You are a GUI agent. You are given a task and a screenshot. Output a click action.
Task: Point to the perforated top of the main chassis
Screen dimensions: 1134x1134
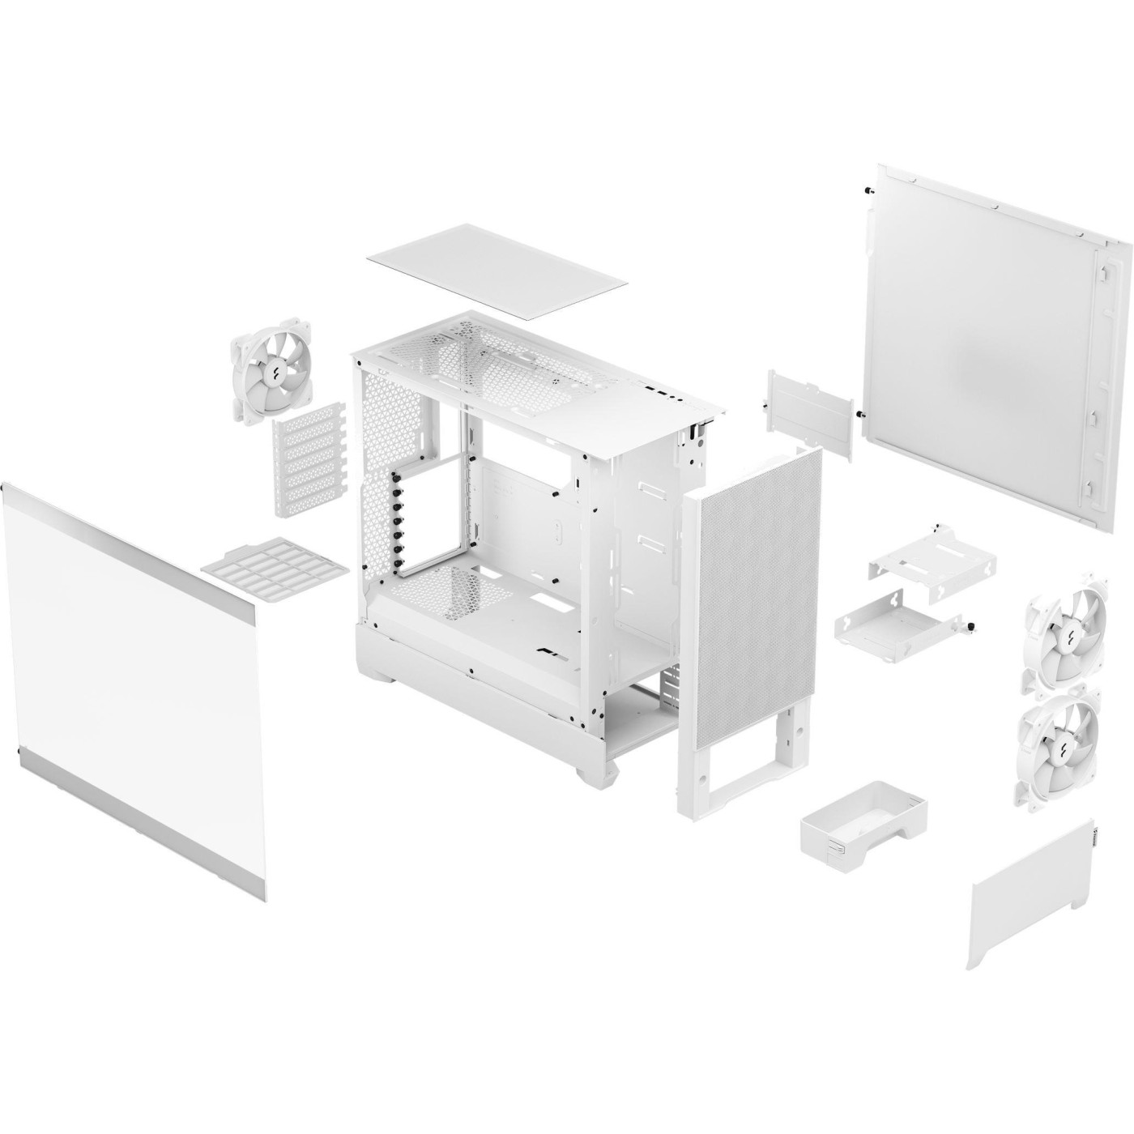click(x=494, y=356)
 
